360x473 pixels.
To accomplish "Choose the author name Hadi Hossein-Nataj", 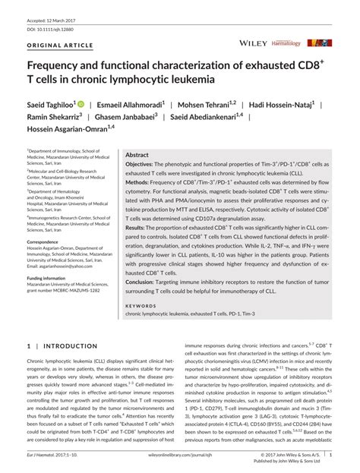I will (x=292, y=105).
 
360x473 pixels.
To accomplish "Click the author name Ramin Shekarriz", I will (x=52, y=118).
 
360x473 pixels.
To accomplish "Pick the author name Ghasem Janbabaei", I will (x=125, y=118).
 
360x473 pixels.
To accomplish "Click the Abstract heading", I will (x=137, y=154).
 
